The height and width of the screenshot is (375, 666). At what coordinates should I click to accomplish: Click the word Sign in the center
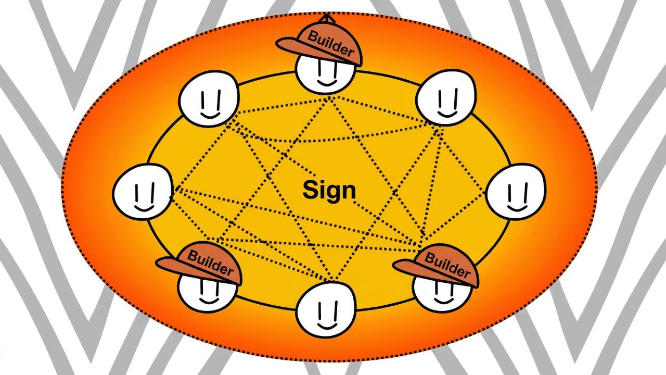(x=329, y=190)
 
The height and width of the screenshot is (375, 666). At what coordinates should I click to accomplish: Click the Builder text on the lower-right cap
(x=447, y=264)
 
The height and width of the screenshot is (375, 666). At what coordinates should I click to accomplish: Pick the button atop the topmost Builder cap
(x=326, y=17)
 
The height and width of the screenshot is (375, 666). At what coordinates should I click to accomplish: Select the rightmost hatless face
(x=516, y=191)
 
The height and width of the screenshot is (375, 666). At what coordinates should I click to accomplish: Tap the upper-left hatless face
(x=209, y=99)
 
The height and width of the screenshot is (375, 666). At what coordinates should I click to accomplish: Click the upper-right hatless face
(x=446, y=97)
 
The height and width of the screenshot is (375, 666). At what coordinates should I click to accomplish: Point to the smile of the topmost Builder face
(x=326, y=82)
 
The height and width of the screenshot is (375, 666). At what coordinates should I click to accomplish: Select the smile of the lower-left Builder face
(x=208, y=301)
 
